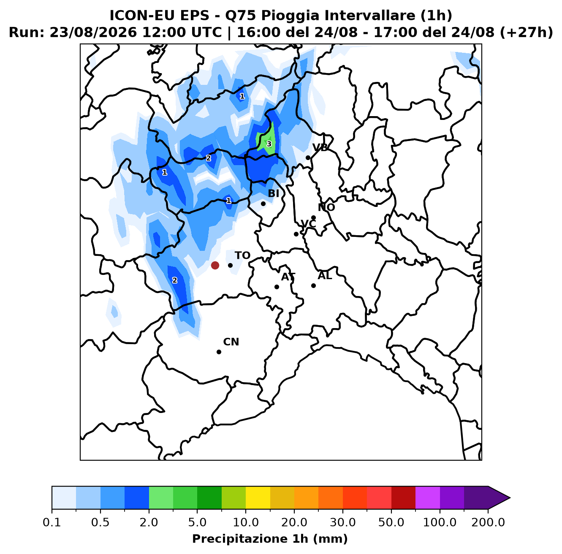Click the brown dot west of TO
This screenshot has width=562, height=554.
(x=215, y=265)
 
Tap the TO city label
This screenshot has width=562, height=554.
(x=242, y=255)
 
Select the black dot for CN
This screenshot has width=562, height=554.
(x=219, y=352)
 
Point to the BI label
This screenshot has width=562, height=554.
(x=273, y=193)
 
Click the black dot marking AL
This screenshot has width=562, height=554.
(x=313, y=285)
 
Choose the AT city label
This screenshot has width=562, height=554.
(x=288, y=277)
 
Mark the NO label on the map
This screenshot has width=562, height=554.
(x=326, y=207)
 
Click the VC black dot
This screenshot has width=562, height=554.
(x=296, y=234)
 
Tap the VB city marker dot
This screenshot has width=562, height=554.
(x=308, y=158)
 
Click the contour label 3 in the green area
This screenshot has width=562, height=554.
(x=269, y=144)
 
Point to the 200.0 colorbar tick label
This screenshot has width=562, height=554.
(x=488, y=522)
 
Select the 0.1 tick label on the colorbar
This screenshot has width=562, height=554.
(x=52, y=522)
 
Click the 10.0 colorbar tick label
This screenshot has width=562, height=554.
(x=246, y=522)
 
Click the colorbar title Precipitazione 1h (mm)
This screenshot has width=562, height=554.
(x=270, y=538)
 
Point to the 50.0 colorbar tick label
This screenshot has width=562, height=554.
(x=391, y=522)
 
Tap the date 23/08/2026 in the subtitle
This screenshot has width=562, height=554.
(x=93, y=33)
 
